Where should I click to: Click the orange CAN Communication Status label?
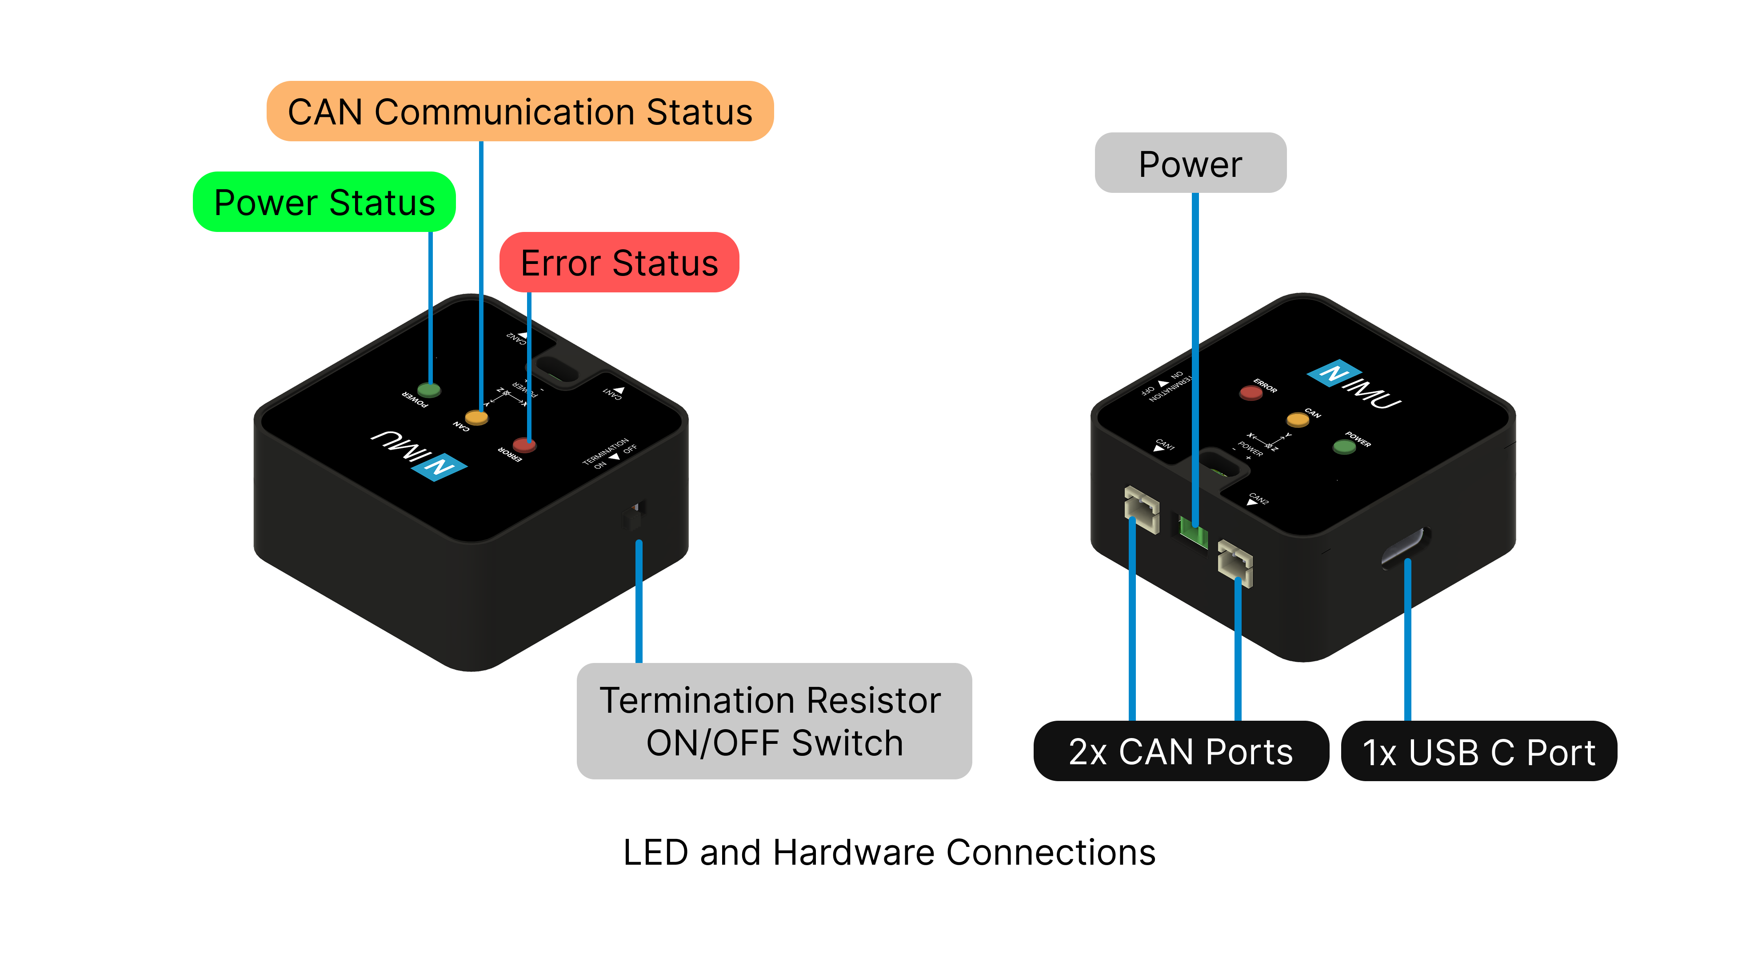click(519, 112)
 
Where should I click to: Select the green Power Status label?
click(324, 203)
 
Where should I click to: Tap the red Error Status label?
click(619, 263)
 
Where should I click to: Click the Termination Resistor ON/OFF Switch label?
click(774, 721)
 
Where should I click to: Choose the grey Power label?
click(1190, 164)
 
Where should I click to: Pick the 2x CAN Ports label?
click(1181, 751)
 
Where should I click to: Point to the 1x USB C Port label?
click(1478, 752)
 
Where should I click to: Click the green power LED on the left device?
click(429, 390)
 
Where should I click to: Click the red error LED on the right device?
click(1251, 392)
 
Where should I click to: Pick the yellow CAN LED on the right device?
click(1298, 419)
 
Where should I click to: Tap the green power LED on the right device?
click(1344, 446)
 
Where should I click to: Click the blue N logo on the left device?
click(439, 467)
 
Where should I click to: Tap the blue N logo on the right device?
click(1334, 373)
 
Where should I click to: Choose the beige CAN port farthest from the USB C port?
click(1141, 509)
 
